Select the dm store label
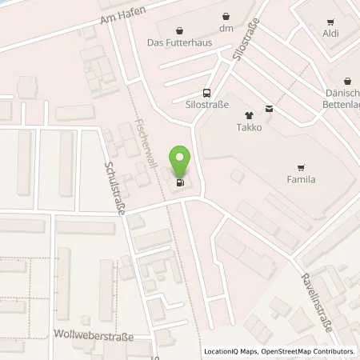point(227,29)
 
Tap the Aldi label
point(330,33)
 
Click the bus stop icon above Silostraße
point(207,92)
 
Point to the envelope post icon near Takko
point(269,110)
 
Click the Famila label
point(301,180)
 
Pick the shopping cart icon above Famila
point(301,166)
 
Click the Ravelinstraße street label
point(316,293)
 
